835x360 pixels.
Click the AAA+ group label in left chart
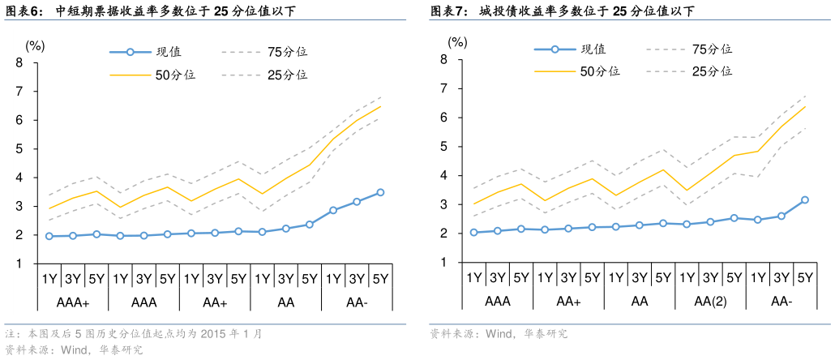73,302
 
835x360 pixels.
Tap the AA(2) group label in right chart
710,302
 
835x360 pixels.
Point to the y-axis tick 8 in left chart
19,62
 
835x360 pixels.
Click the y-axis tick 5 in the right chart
443,147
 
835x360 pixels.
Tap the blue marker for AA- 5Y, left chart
380,192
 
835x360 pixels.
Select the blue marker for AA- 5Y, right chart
805,199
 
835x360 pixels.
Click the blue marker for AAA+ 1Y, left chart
49,236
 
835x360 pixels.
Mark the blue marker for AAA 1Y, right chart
474,233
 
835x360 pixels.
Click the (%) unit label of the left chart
36,45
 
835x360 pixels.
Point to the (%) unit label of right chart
458,42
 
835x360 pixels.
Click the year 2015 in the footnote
212,334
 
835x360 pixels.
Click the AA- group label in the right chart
781,302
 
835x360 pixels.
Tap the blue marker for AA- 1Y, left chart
333,210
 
